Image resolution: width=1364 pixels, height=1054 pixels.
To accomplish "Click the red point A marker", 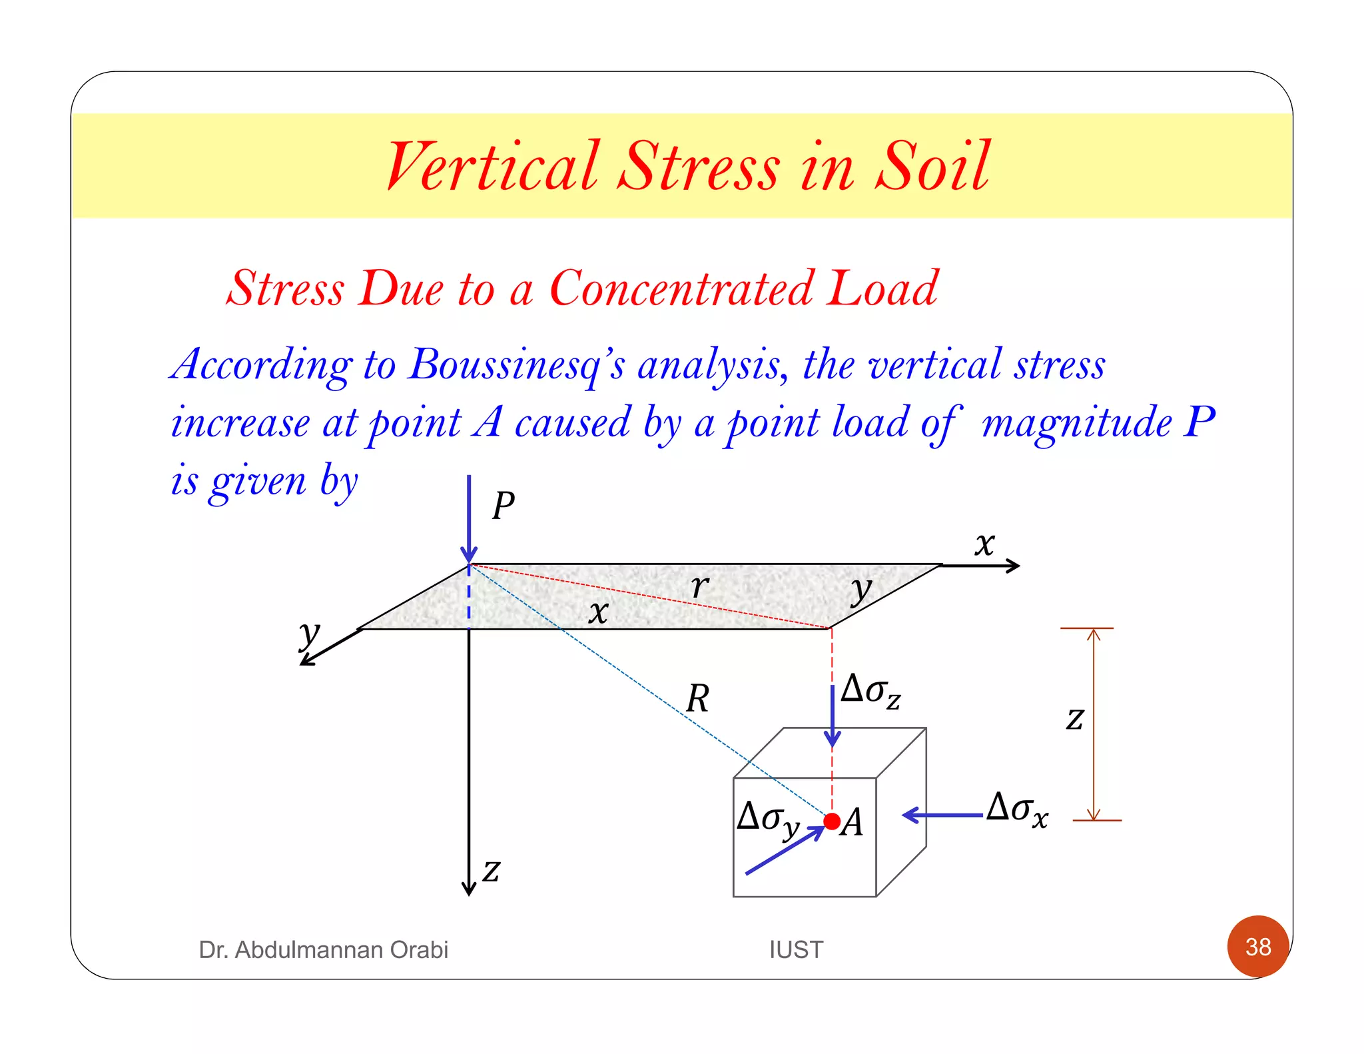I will (832, 821).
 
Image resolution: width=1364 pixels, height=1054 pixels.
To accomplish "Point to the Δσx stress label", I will (1017, 809).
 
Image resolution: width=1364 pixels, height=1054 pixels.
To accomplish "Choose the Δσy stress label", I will (768, 819).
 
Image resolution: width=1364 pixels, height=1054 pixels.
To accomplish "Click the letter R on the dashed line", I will (697, 699).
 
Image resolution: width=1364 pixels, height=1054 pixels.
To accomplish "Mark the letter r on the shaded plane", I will (699, 586).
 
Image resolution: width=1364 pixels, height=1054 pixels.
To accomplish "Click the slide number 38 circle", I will (1258, 946).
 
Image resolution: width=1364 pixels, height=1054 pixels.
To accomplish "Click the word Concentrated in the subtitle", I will (681, 289).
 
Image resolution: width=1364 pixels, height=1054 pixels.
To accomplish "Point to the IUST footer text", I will (796, 949).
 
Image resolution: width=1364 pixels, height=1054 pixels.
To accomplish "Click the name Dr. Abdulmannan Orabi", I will (323, 949).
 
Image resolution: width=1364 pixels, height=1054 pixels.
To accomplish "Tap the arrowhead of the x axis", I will (1014, 566).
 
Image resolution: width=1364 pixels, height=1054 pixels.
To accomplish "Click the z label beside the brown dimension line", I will (1074, 719).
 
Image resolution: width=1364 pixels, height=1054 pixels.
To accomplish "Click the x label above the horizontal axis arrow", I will (984, 544).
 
